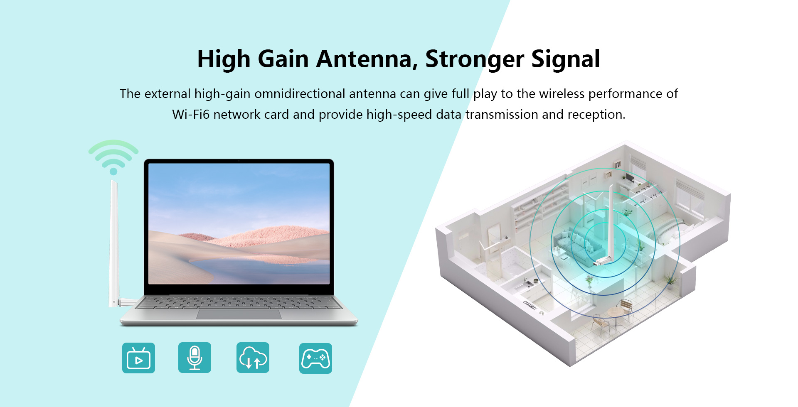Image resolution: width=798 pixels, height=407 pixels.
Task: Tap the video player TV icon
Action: tap(138, 358)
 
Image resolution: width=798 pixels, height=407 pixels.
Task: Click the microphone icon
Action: tap(195, 358)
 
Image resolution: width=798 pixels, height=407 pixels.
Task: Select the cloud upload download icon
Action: tap(253, 358)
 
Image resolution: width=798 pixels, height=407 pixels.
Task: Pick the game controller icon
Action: tap(315, 358)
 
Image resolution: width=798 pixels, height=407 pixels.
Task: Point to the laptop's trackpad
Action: tap(239, 314)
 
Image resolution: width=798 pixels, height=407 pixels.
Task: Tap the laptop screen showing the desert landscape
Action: tap(239, 224)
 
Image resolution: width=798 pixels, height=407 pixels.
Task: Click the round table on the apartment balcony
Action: tap(616, 313)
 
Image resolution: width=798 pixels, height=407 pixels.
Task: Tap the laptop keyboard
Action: tap(239, 303)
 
